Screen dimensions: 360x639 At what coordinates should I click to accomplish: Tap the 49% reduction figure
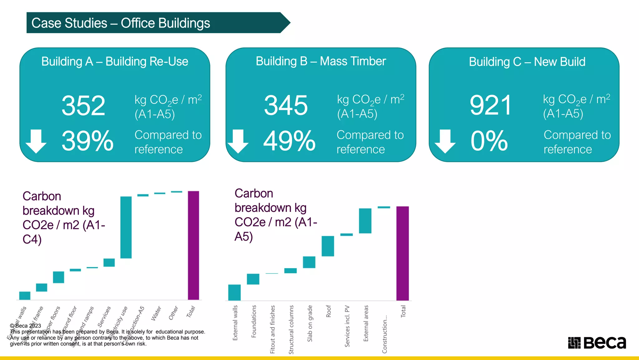pos(289,141)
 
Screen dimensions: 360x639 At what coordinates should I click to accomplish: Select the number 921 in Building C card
pos(491,106)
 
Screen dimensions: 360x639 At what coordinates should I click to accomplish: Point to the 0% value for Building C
pos(489,141)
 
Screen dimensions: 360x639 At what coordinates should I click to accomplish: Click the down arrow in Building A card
pos(36,141)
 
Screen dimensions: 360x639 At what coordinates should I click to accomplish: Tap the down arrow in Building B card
pos(238,141)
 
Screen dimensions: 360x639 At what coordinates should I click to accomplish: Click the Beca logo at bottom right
pos(597,342)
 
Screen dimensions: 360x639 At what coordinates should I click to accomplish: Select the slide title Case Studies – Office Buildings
pos(121,23)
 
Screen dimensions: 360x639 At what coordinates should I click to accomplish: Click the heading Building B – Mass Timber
pos(321,61)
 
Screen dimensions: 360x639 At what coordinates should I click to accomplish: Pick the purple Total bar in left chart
pos(193,245)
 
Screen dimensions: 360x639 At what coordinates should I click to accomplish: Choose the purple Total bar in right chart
pos(402,253)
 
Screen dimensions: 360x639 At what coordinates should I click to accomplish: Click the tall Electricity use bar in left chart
pos(126,227)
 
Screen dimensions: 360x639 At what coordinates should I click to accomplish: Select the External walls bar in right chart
pos(234,292)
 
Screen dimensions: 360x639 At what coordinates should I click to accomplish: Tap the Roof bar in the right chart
pos(328,246)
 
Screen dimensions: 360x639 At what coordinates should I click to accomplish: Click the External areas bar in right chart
pos(365,221)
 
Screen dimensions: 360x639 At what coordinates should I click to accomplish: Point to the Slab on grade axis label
pos(310,323)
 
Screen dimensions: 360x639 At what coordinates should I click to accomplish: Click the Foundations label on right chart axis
pos(254,321)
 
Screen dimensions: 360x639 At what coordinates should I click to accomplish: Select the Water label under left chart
pos(156,313)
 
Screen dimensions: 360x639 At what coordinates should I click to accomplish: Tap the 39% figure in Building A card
pos(88,141)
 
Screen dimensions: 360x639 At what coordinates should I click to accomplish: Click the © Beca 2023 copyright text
pos(26,326)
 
